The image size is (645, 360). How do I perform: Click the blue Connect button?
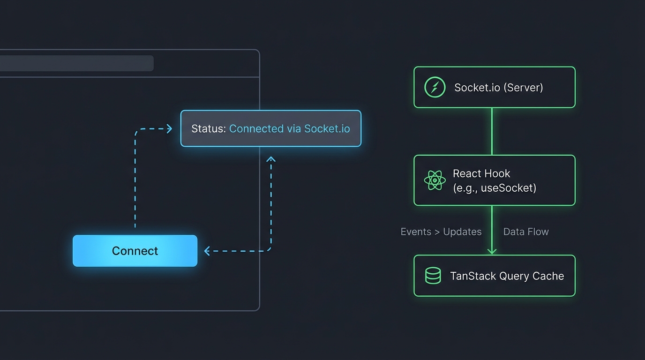[x=135, y=251]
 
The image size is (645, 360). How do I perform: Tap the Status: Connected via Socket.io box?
[x=271, y=128]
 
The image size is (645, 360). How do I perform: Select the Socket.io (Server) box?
[x=494, y=87]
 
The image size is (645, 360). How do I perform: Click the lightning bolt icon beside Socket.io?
[x=435, y=87]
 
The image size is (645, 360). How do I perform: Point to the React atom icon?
[x=435, y=180]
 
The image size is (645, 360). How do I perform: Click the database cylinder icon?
[x=433, y=276]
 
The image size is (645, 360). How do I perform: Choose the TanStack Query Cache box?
[x=494, y=276]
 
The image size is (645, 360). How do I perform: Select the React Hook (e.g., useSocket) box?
[x=494, y=180]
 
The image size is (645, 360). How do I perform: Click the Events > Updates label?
[x=441, y=232]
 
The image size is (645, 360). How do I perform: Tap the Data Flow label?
[x=525, y=232]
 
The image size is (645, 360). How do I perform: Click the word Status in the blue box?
[x=208, y=128]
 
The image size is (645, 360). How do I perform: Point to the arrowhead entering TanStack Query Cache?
[x=492, y=251]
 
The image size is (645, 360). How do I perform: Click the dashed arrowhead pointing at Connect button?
[x=207, y=251]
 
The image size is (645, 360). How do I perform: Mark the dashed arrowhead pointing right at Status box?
[x=170, y=128]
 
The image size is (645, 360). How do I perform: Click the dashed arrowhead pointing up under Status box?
[x=271, y=160]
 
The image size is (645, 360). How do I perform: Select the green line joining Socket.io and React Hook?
[x=492, y=131]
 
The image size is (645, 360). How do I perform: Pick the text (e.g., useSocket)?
[x=494, y=188]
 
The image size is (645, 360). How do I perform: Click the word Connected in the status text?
[x=256, y=128]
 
